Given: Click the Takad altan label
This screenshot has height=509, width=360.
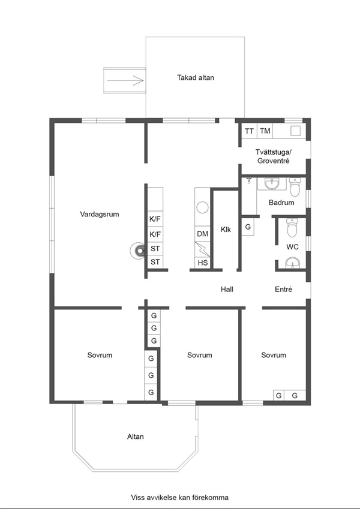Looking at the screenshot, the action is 195,77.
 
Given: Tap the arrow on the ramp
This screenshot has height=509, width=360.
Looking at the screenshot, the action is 125,80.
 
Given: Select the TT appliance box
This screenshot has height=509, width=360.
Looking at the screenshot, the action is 249,131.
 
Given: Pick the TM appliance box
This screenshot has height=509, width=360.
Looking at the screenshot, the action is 265,131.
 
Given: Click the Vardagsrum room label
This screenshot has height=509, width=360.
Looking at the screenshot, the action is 100,214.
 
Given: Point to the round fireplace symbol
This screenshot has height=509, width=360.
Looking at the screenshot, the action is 139,251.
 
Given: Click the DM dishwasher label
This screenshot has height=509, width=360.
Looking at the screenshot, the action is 202,234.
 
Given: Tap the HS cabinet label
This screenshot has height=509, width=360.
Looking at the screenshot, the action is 202,263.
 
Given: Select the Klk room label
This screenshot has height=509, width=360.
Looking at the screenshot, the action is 226,230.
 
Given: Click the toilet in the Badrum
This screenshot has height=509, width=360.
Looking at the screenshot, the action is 295,186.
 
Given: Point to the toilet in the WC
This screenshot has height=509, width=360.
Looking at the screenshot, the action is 292,227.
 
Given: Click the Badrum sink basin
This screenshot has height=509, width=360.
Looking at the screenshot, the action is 271,183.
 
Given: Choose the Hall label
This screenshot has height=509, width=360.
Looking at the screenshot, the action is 227,289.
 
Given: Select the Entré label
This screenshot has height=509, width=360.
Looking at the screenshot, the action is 283,289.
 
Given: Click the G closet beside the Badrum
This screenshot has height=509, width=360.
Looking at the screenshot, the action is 248,227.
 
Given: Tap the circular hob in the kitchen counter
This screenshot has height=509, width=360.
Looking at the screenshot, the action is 202,207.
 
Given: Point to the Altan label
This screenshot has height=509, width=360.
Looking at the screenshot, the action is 135,436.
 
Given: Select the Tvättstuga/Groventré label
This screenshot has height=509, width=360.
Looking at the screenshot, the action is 273,156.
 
